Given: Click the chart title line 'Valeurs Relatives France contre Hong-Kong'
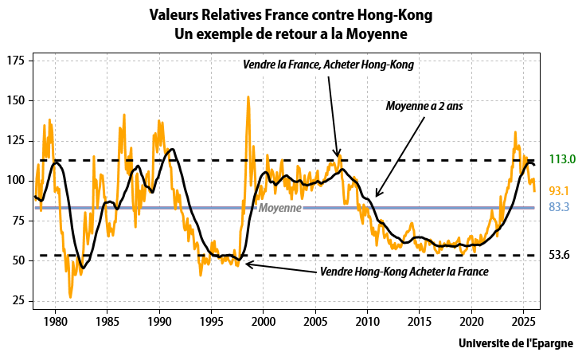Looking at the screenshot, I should pos(290,14).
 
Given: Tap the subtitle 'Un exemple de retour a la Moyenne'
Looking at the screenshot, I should pos(290,33).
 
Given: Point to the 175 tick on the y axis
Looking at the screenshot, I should pos(15,61).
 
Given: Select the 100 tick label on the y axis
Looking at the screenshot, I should pos(15,181).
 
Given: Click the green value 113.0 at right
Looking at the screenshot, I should pos(562,159).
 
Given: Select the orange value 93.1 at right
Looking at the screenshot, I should pos(560,191).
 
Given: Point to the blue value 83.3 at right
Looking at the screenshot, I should pos(560,208).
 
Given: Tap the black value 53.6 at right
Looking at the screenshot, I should pos(560,255).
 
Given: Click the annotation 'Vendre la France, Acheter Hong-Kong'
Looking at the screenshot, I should pos(329,65).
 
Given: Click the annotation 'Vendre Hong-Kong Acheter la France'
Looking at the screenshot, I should pos(404,272).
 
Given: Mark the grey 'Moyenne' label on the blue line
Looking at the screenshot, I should pos(279,208).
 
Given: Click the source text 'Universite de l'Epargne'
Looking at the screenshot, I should pos(520,344).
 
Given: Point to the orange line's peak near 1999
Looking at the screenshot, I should pos(248,97).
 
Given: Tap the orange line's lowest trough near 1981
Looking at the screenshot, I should pos(70,297).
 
